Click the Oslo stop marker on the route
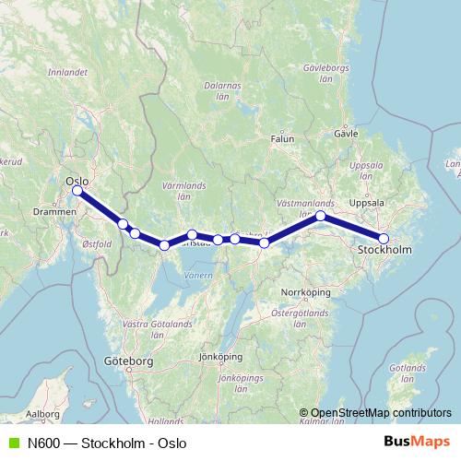click(x=77, y=192)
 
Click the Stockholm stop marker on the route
click(x=384, y=239)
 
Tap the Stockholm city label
click(x=385, y=250)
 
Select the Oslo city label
click(x=77, y=181)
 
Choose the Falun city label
click(x=282, y=138)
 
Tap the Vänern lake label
click(x=197, y=275)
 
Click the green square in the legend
click(x=12, y=443)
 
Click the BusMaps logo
click(x=421, y=443)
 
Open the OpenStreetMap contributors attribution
click(x=381, y=413)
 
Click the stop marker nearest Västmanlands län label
click(x=321, y=216)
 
